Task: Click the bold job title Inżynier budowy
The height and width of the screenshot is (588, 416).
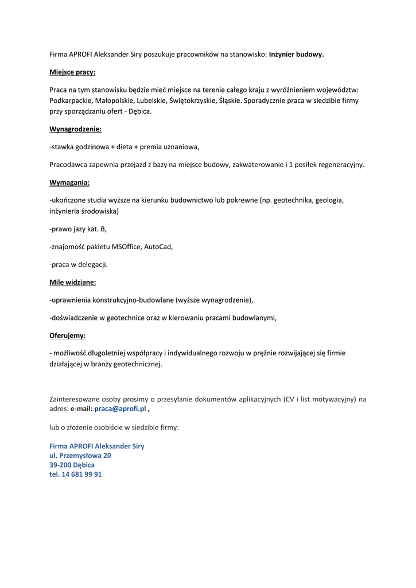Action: point(296,55)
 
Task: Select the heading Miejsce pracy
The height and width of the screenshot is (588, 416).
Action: point(72,72)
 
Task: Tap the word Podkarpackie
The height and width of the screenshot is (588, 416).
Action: point(70,100)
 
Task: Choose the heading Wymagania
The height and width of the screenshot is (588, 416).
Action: point(69,183)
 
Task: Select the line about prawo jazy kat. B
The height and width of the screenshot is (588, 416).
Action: point(78,229)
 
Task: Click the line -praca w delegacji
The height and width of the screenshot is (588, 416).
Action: point(78,265)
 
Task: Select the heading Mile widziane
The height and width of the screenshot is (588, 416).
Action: point(72,283)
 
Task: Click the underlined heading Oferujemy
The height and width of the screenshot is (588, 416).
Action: point(67,335)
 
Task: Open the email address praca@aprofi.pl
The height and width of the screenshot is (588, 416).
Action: point(120,409)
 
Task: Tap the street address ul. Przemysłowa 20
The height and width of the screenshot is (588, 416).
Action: point(80,455)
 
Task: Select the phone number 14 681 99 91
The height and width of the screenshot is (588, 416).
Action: point(81,475)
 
